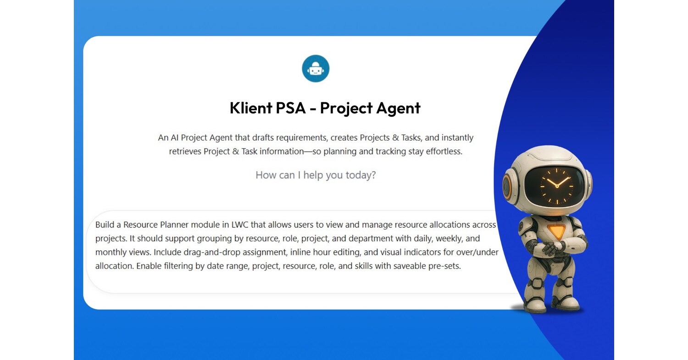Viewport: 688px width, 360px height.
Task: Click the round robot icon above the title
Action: (316, 69)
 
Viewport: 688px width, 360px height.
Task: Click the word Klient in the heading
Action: (250, 108)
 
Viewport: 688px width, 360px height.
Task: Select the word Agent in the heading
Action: (398, 108)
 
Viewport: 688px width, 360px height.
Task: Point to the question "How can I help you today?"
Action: (316, 175)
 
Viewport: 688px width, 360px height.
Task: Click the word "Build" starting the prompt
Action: (105, 225)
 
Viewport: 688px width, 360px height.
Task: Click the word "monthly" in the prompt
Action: (110, 252)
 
